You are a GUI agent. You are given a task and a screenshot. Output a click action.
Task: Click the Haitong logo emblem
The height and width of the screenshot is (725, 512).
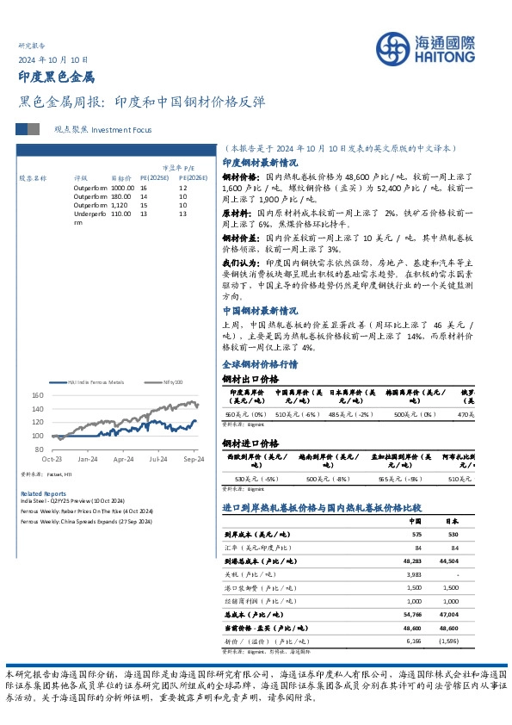coord(397,48)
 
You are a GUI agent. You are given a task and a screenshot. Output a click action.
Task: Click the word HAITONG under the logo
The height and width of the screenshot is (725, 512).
coord(445,56)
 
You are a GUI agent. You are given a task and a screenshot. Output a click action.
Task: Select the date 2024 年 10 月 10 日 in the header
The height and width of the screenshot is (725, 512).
coord(53,59)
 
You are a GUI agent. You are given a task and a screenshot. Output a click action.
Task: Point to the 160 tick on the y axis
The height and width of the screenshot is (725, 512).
coord(37,396)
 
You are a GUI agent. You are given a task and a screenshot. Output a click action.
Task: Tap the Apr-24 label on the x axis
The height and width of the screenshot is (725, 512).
coord(124,459)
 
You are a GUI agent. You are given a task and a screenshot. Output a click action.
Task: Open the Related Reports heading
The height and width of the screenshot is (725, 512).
coord(36,493)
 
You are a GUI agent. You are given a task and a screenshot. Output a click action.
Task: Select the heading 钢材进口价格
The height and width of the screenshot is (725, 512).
coord(250,443)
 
